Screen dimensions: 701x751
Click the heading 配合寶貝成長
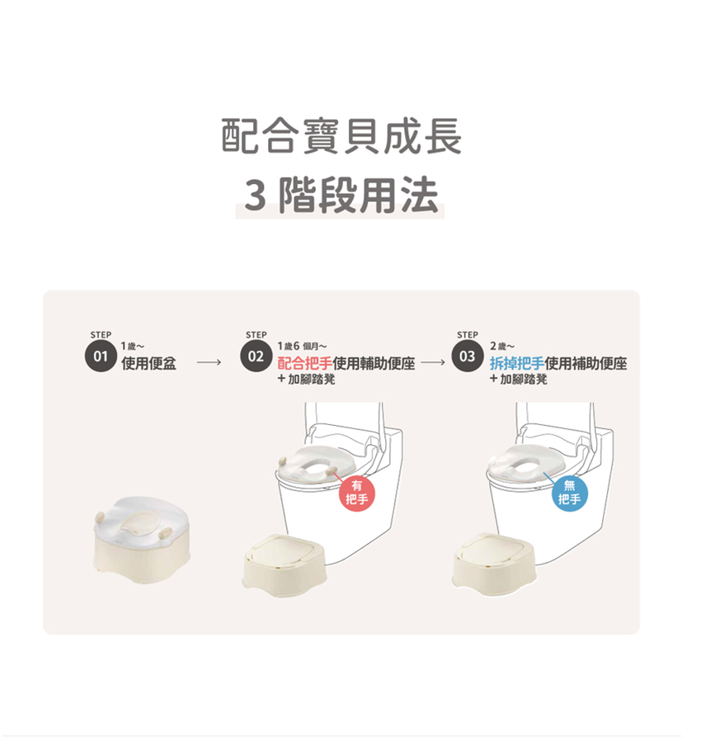point(341,136)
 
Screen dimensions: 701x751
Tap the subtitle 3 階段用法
point(341,195)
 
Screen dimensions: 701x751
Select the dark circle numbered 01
point(101,357)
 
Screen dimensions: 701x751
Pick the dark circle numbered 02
point(256,357)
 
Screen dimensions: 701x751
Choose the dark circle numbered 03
point(468,357)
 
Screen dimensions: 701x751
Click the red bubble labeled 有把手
point(356,494)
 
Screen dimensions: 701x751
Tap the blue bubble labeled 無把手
point(569,494)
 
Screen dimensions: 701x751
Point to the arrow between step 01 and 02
point(209,362)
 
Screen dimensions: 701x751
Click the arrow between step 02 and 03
point(433,362)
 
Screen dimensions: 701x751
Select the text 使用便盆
point(148,363)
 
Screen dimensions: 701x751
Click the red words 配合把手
point(305,363)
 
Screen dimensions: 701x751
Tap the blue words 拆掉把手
point(517,363)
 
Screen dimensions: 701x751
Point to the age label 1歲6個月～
point(303,346)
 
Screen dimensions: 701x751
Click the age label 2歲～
point(502,346)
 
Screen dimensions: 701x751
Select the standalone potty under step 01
point(141,540)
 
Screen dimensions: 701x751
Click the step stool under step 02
point(285,565)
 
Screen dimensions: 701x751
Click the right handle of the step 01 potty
point(165,532)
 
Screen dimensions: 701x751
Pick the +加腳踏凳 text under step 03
point(519,380)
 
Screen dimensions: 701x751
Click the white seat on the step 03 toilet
point(520,463)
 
